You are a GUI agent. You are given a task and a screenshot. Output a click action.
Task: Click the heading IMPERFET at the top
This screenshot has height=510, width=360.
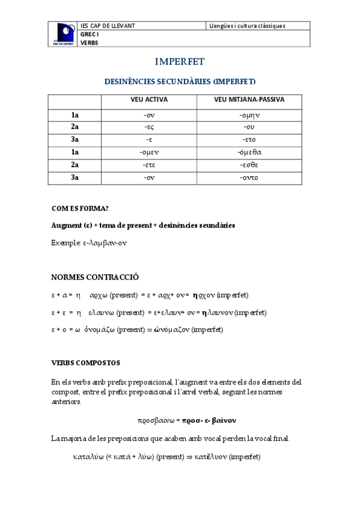pos(180,62)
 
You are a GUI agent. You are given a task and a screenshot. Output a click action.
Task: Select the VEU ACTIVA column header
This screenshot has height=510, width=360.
pos(149,99)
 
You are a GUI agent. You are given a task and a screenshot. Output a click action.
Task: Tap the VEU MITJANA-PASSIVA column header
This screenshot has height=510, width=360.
pos(249,99)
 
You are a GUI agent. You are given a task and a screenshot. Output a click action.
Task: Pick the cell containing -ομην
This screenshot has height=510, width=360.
pos(249,114)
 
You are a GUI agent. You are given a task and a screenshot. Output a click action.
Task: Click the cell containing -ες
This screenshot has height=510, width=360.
pos(149,127)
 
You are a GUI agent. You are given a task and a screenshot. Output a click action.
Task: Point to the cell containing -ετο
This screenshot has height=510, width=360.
pos(249,140)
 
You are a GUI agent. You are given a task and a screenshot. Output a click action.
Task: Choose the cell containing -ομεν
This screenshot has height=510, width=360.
pos(149,152)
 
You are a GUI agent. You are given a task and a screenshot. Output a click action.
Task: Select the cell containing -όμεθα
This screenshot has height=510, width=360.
pos(249,152)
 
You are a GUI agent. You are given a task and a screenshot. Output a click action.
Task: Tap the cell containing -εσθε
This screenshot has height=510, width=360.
pos(249,165)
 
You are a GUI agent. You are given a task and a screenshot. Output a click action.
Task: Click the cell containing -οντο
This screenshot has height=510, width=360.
pos(249,177)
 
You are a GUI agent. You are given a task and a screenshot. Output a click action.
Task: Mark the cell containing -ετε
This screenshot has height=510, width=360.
pos(149,165)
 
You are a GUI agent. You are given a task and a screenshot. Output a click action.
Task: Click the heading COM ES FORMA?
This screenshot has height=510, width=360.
pos(80,208)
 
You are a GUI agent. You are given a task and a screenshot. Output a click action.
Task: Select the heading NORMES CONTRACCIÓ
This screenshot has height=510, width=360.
pos(95,277)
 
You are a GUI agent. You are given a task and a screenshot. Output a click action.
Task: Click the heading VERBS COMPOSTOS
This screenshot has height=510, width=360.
pos(85,363)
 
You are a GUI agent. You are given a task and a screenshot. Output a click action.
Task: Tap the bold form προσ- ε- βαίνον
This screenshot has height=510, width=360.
pos(209,420)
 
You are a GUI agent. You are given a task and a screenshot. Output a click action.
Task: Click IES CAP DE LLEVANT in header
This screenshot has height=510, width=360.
pos(108,26)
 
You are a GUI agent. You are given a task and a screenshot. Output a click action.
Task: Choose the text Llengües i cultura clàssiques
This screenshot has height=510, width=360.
pos(247,26)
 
